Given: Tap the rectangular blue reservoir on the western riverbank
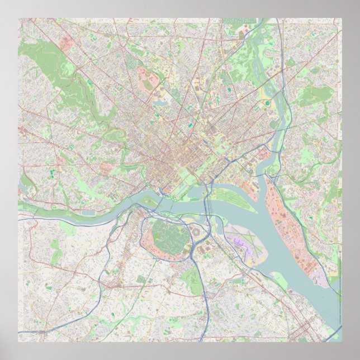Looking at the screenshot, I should pos(88,212).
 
